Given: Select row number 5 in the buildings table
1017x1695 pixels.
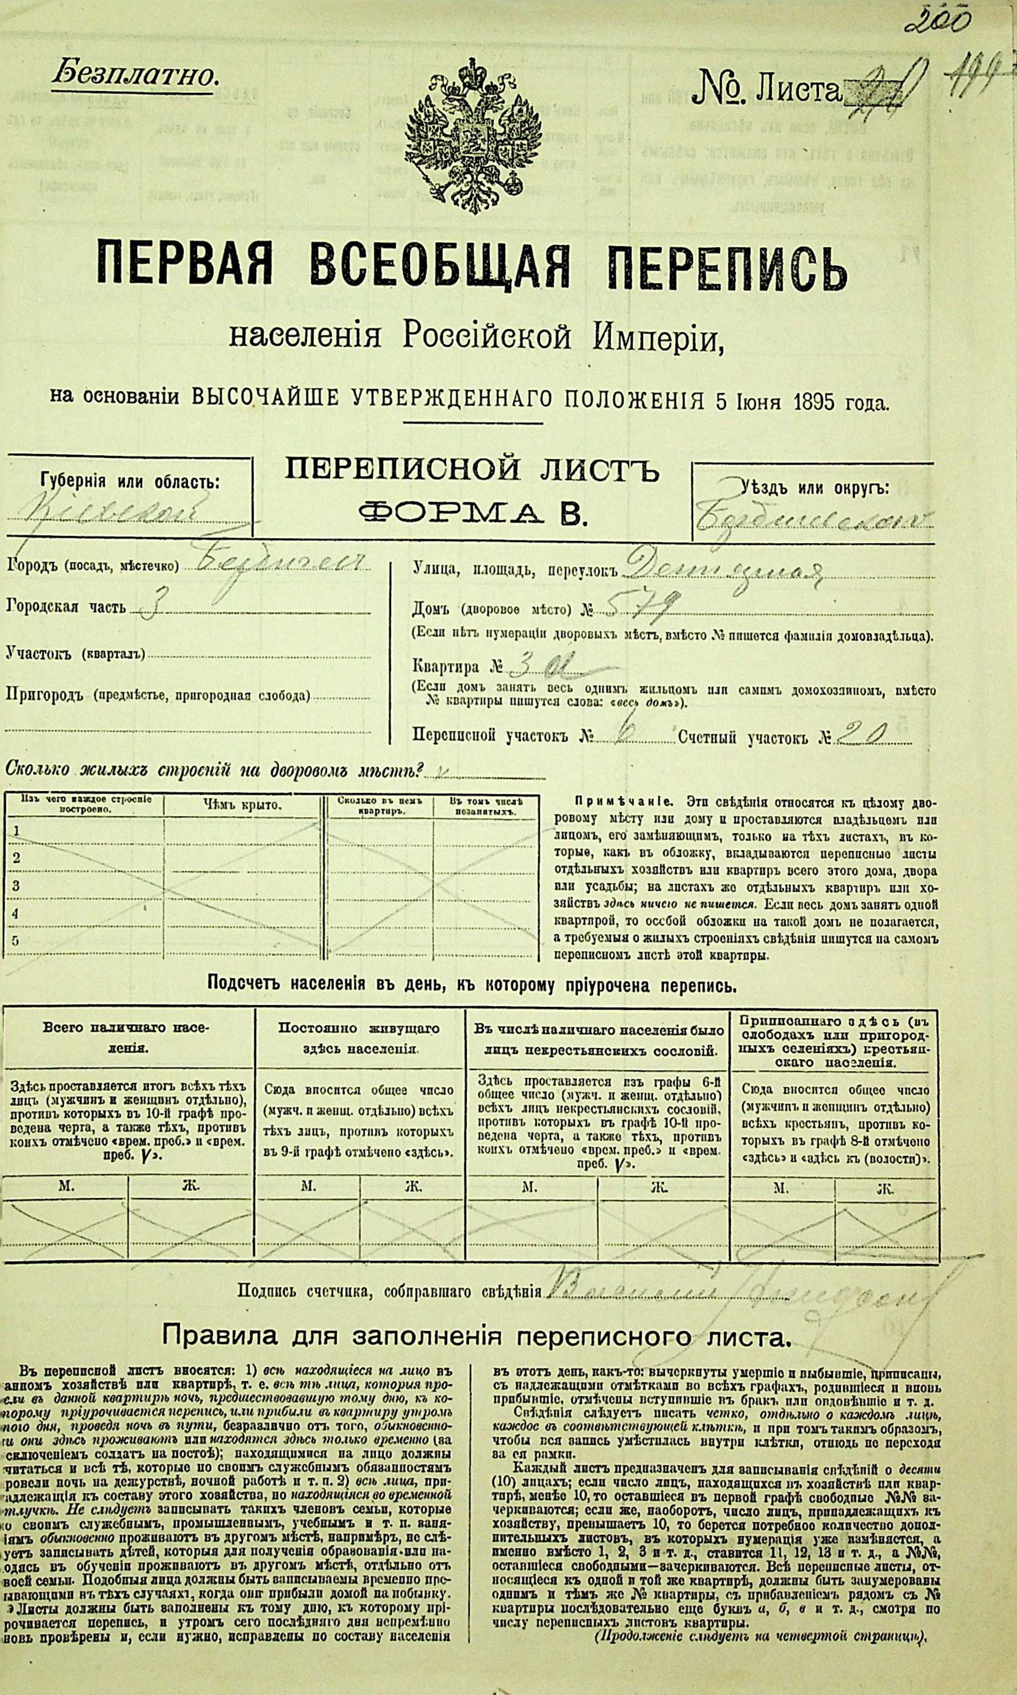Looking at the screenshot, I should tap(16, 940).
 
